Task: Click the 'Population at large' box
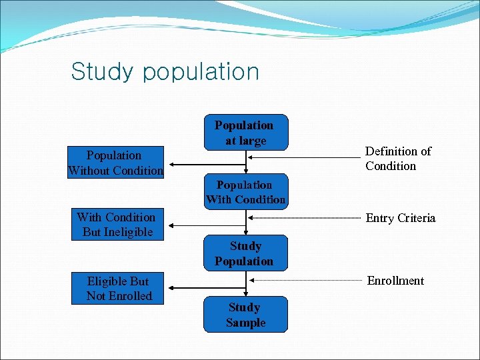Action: coord(245,132)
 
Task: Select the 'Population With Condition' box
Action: coord(245,192)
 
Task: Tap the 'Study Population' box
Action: coord(245,253)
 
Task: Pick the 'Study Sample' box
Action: coord(245,314)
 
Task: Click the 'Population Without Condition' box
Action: coord(115,163)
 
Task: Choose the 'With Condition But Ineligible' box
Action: coord(117,225)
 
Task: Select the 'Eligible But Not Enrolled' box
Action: coord(117,289)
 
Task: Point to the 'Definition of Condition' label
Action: coord(397,159)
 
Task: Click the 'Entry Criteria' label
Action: coord(400,218)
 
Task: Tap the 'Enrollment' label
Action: coord(395,281)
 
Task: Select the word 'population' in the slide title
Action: coord(201,72)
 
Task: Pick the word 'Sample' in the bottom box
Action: coord(245,323)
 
